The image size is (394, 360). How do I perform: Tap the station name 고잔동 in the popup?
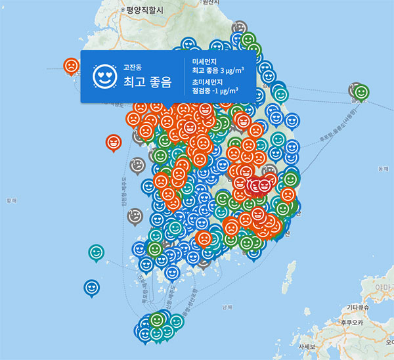click(x=132, y=67)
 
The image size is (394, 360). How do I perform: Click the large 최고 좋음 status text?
click(x=147, y=82)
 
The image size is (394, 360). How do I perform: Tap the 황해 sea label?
click(x=11, y=202)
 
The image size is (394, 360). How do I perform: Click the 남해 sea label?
click(x=227, y=307)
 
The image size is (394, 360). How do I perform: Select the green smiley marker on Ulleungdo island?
click(x=361, y=93)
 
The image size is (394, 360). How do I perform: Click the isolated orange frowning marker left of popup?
click(x=70, y=66)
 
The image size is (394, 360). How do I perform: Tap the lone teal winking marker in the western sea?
click(x=96, y=252)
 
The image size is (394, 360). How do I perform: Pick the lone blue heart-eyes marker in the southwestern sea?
click(x=91, y=287)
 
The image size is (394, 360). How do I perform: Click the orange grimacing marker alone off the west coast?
click(x=114, y=142)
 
